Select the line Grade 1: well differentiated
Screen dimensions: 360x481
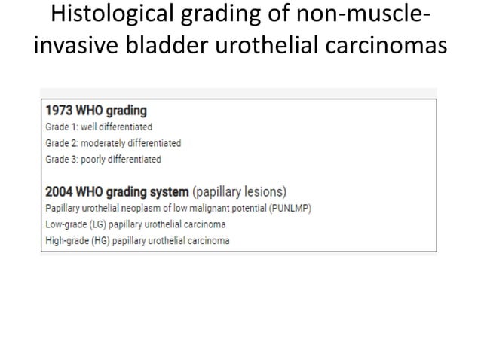tap(100, 127)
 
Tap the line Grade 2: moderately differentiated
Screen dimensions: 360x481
tap(114, 142)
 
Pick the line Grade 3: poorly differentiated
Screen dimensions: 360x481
tap(103, 159)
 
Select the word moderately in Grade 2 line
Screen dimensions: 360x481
tap(106, 142)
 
